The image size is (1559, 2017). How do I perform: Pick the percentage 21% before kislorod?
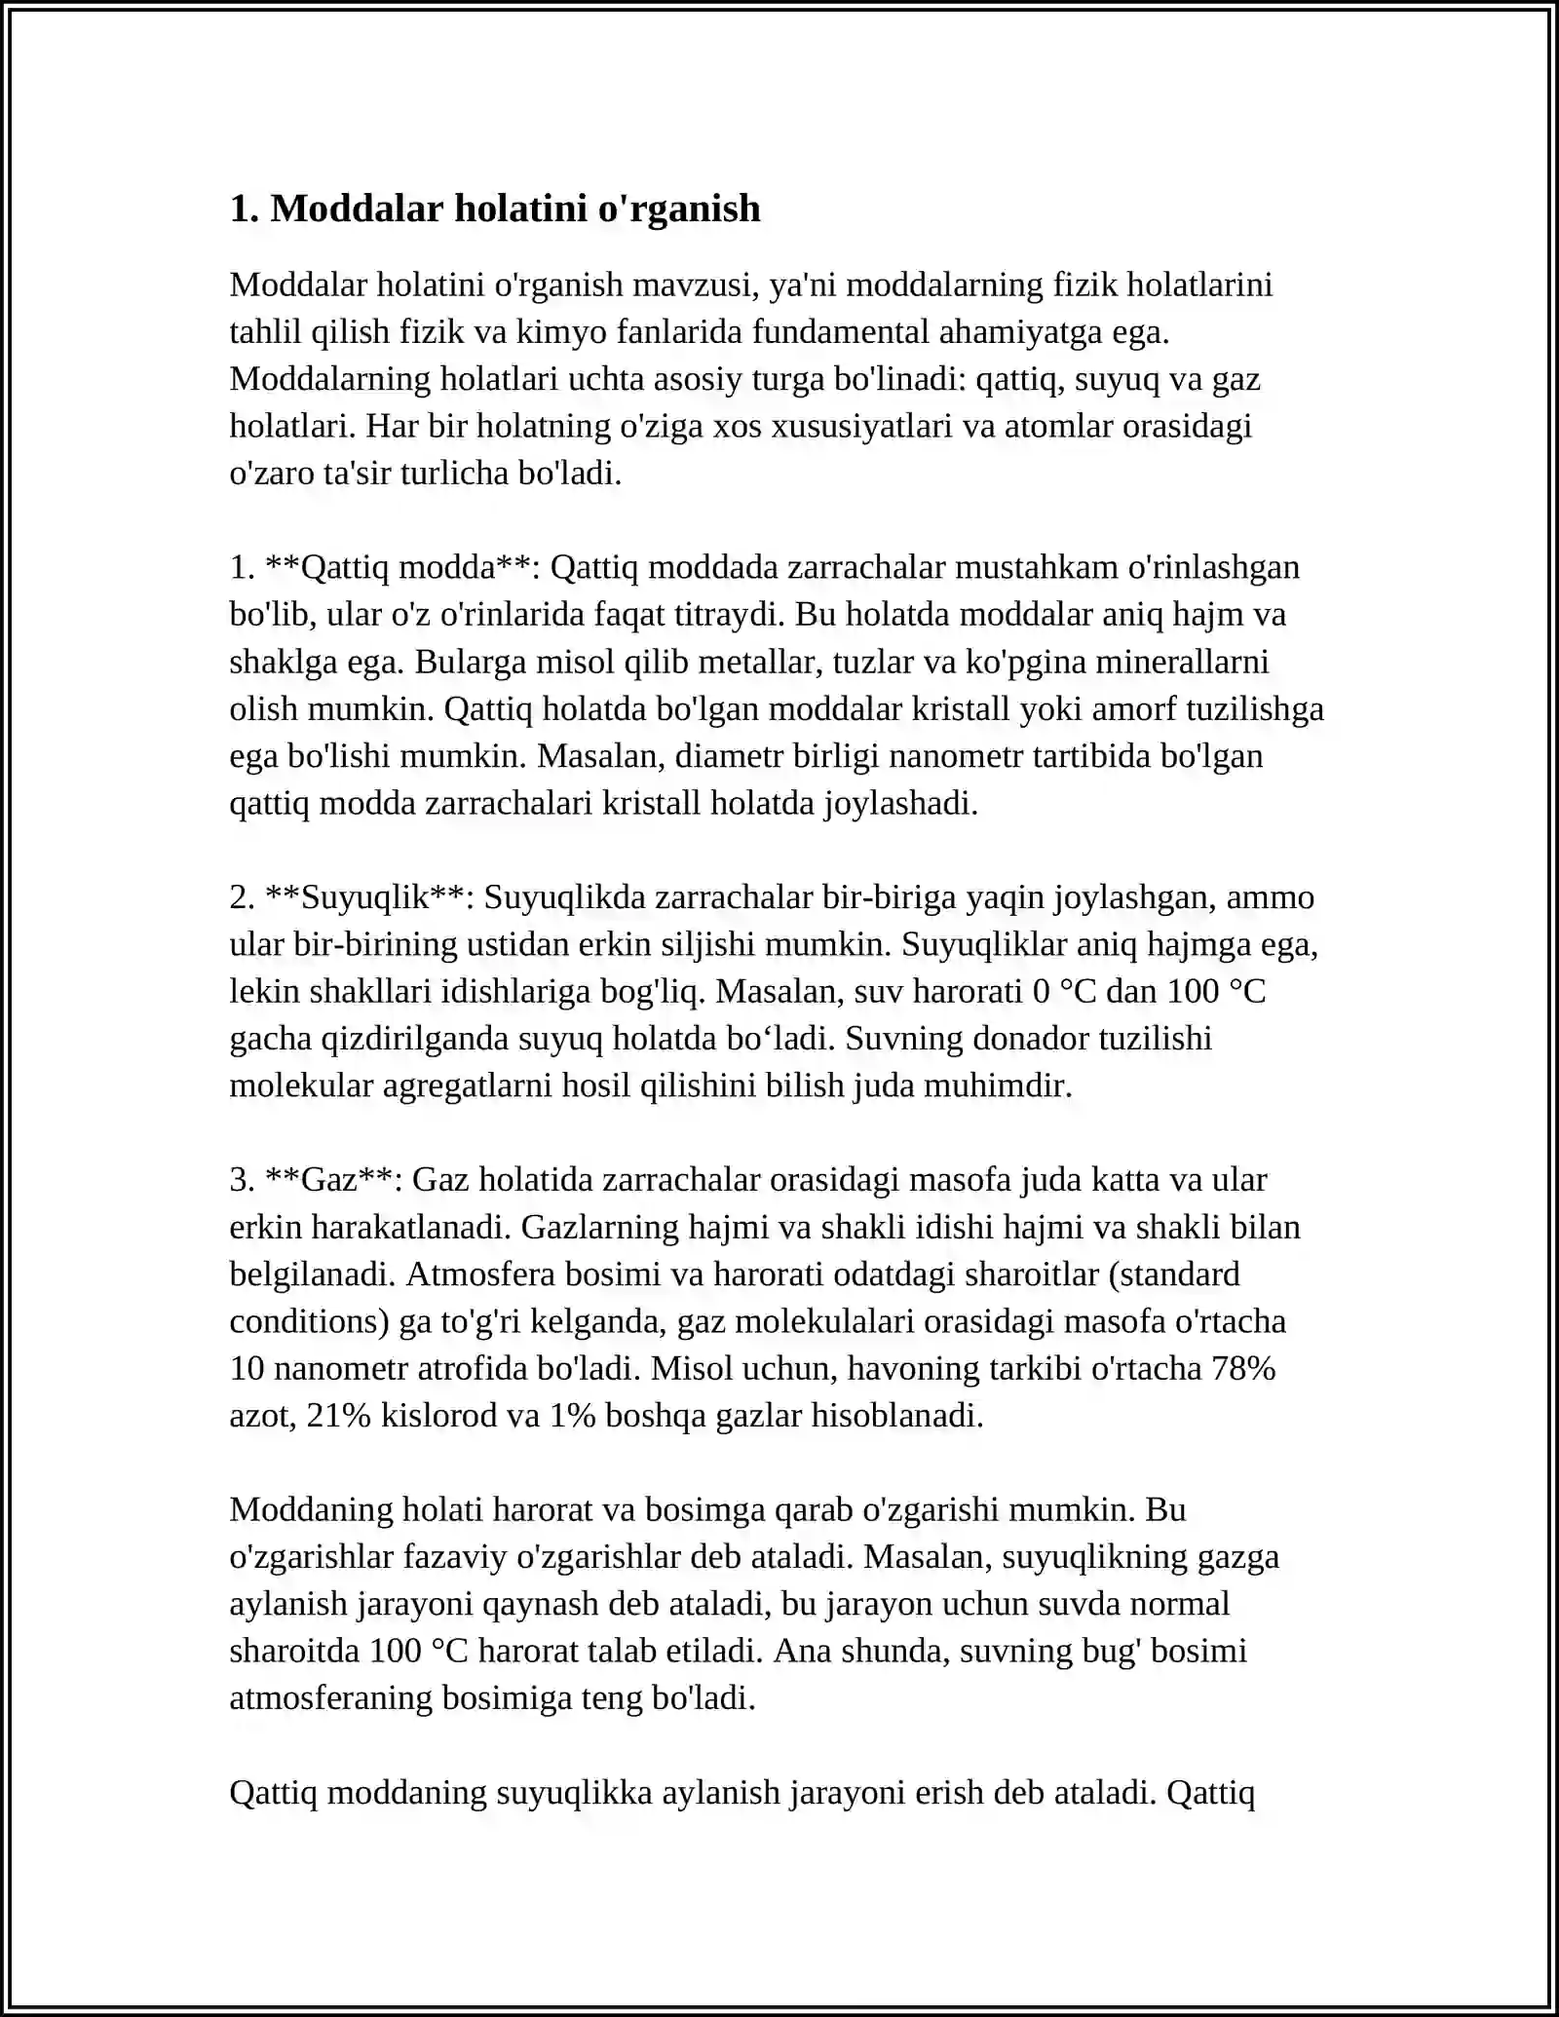coord(338,1416)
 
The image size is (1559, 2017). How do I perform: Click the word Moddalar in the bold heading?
coord(357,209)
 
